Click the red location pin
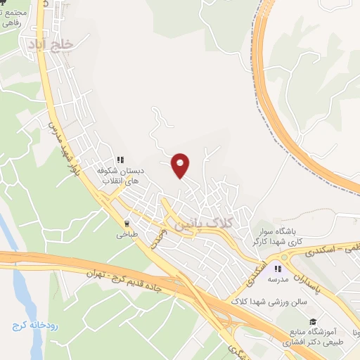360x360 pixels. click(x=181, y=165)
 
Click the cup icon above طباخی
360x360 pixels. click(x=127, y=225)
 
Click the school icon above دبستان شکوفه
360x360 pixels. click(x=120, y=160)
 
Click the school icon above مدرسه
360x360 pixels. click(x=278, y=268)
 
